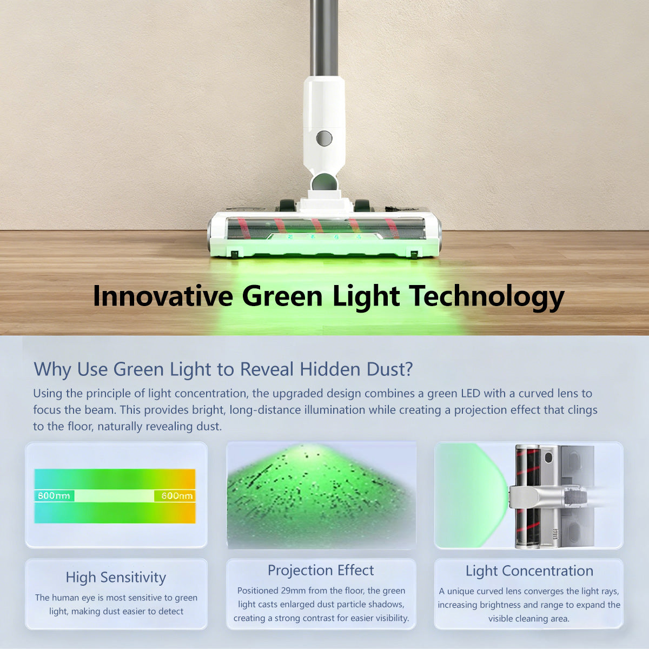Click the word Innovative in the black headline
tap(163, 296)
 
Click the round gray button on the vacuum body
tap(324, 138)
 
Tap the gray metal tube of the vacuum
tap(323, 38)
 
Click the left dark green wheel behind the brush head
tap(287, 206)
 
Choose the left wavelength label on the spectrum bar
tap(54, 495)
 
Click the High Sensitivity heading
tap(116, 577)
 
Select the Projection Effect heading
tap(321, 570)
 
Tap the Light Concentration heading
tap(529, 571)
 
